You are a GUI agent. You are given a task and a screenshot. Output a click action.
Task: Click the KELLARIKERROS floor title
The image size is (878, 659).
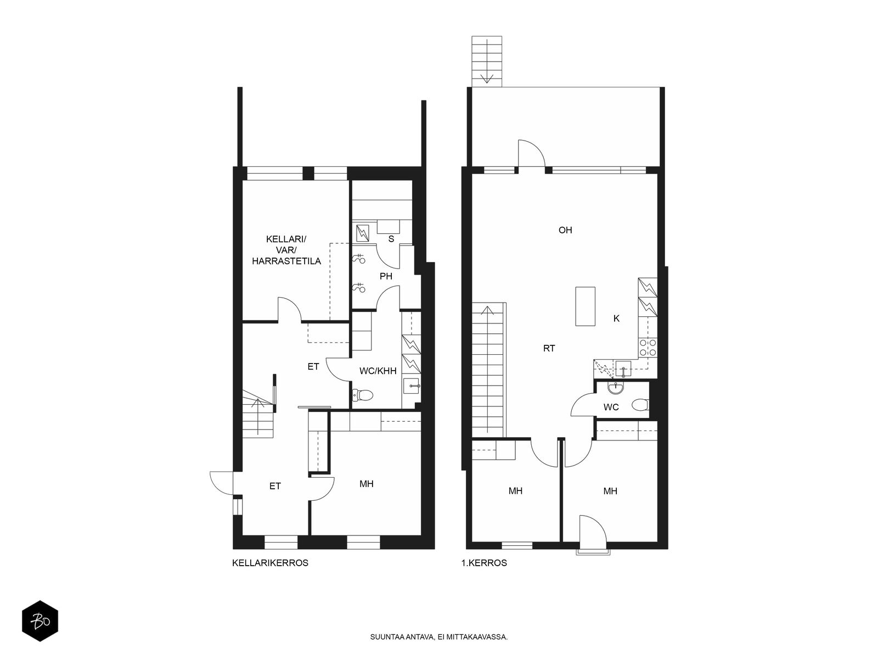[270, 563]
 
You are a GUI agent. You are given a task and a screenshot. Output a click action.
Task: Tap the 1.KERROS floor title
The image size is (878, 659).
[484, 563]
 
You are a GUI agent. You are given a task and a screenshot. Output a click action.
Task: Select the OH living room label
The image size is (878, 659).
[565, 230]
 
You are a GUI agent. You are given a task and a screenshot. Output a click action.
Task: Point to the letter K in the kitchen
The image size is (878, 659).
[616, 319]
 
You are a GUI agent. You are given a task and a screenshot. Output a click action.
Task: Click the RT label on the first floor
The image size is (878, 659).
[549, 349]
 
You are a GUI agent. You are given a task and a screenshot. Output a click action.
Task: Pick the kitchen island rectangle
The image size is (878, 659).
[585, 306]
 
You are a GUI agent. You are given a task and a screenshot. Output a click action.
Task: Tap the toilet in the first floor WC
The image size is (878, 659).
[640, 405]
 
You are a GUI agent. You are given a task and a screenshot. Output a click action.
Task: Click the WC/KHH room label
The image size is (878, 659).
[378, 371]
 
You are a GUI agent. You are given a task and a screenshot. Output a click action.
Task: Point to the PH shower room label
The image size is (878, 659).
[386, 276]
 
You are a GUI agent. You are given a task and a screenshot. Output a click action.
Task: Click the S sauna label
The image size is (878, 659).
[391, 239]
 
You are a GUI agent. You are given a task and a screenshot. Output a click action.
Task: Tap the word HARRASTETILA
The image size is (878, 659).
[286, 261]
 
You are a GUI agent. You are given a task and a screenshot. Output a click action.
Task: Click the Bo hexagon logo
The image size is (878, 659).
[40, 622]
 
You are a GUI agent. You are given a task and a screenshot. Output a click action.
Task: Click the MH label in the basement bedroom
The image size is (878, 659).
[367, 484]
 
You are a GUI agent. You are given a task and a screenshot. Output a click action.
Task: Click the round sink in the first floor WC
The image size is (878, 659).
[615, 387]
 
